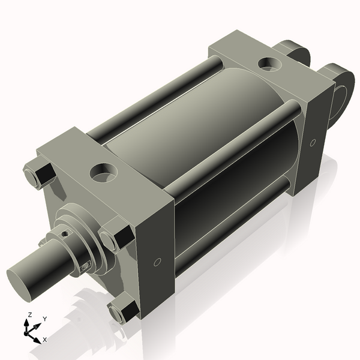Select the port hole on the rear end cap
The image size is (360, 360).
[x=266, y=62]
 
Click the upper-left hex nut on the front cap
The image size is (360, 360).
[x=41, y=174]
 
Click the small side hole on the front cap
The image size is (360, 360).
[x=157, y=262]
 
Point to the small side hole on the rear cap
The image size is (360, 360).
[x=313, y=142]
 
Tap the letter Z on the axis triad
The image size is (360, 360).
[x=29, y=315]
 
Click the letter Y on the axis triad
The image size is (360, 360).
[x=45, y=319]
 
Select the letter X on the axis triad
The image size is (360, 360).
[x=45, y=340]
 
